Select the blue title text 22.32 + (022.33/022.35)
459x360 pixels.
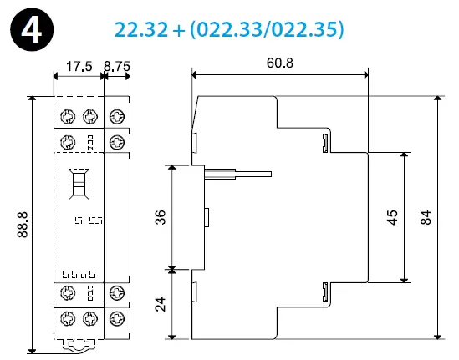tap(229, 28)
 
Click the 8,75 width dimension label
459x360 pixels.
tap(116, 65)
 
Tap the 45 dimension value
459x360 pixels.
tap(391, 219)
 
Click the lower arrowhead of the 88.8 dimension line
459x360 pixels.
tap(33, 346)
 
